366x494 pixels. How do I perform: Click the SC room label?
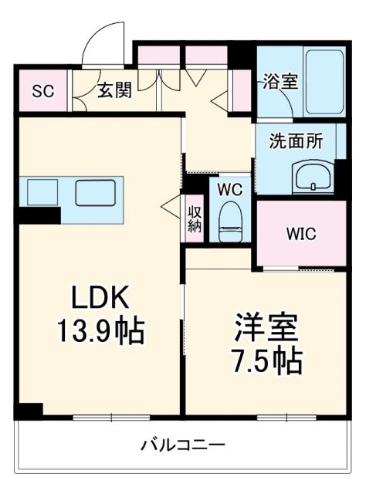(x=42, y=90)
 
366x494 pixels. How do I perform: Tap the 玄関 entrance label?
(x=114, y=90)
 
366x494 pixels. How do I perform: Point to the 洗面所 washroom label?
(x=291, y=141)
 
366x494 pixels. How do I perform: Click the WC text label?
(x=229, y=188)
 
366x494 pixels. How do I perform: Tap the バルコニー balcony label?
(x=182, y=445)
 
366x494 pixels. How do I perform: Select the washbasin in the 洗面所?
(x=313, y=176)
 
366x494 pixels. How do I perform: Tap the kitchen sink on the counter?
(x=96, y=191)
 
